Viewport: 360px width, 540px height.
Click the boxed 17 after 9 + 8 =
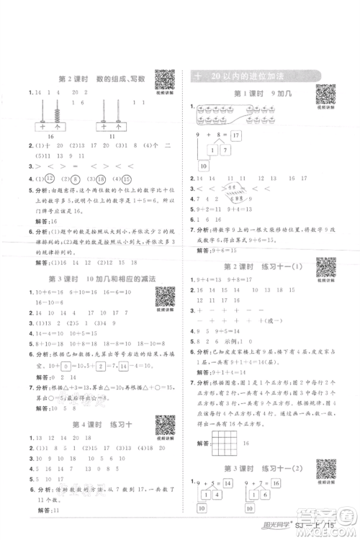click(x=235, y=135)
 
